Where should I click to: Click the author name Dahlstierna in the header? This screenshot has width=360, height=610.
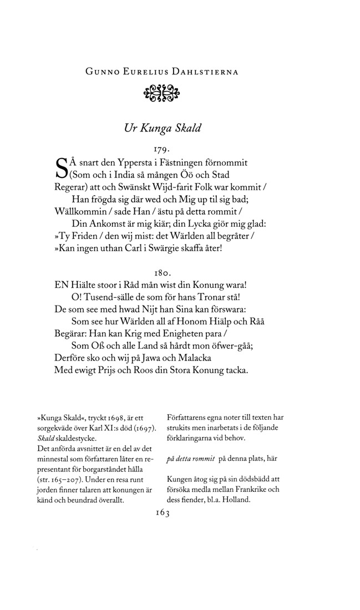[x=201, y=72]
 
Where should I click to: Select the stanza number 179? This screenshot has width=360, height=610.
[x=160, y=149]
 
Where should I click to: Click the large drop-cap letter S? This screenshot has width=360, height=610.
[x=62, y=170]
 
